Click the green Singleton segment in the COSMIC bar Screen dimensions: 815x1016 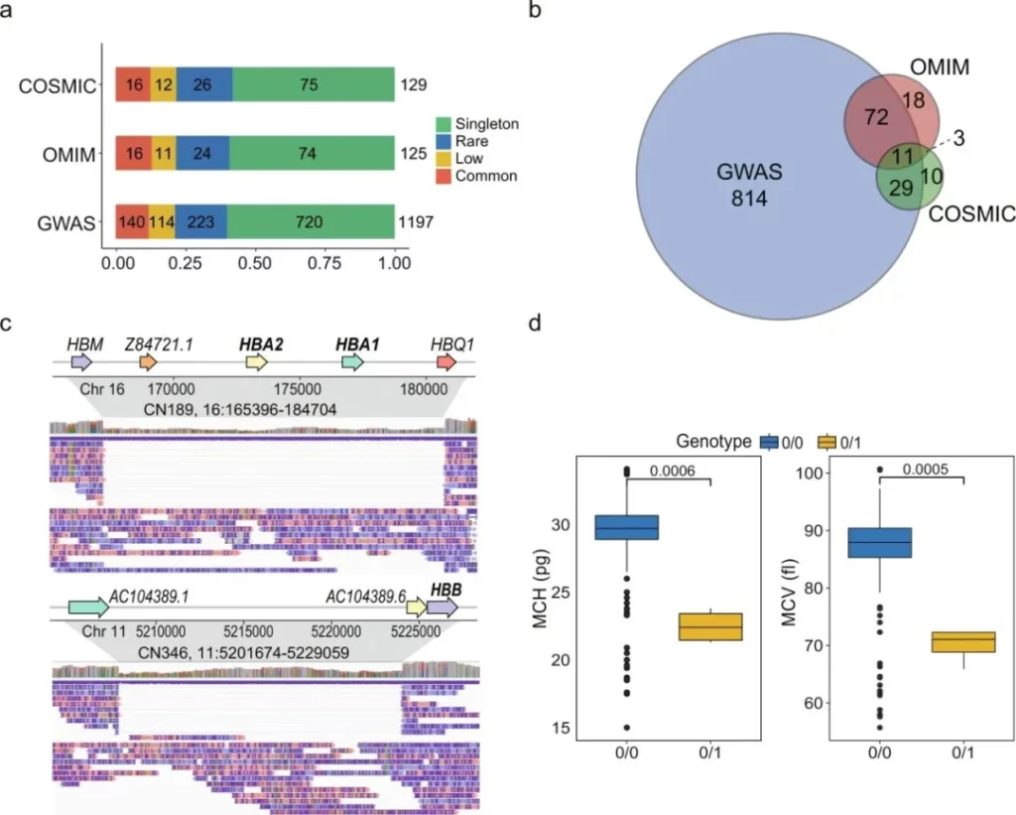coord(314,85)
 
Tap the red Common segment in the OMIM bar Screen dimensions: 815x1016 coord(133,155)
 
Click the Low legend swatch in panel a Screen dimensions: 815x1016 coord(444,158)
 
